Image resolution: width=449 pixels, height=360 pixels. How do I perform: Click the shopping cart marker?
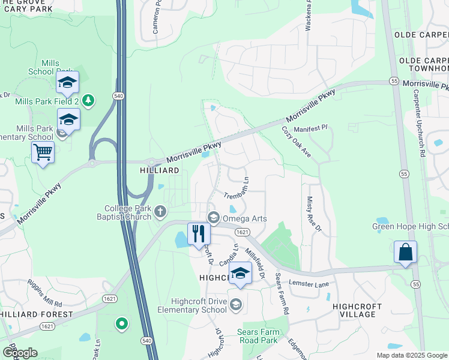click(43, 152)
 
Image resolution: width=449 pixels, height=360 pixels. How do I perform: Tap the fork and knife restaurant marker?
click(199, 233)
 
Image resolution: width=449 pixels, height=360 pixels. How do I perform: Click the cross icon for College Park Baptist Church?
click(160, 211)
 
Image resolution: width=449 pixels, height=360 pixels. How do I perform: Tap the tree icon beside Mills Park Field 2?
click(89, 100)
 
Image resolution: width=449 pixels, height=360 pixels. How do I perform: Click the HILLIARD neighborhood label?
click(161, 171)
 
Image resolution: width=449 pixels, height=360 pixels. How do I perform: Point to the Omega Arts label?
click(245, 218)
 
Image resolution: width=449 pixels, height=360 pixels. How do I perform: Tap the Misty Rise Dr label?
click(315, 214)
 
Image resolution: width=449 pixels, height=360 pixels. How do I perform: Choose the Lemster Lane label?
click(309, 282)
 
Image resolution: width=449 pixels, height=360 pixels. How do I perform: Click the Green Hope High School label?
click(410, 226)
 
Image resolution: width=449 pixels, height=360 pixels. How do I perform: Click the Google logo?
click(20, 353)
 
